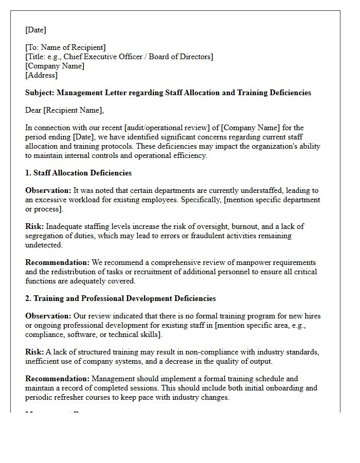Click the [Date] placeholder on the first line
pos(35,30)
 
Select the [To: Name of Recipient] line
pos(65,47)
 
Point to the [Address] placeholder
pos(41,75)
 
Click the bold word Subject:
pos(40,93)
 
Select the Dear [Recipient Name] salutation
pos(64,110)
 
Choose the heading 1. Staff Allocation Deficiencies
pos(78,173)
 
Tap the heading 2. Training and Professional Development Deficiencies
pos(120,298)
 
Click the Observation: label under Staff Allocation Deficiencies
pos(48,190)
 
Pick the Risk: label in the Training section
pos(34,352)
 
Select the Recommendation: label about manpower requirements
pos(57,262)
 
